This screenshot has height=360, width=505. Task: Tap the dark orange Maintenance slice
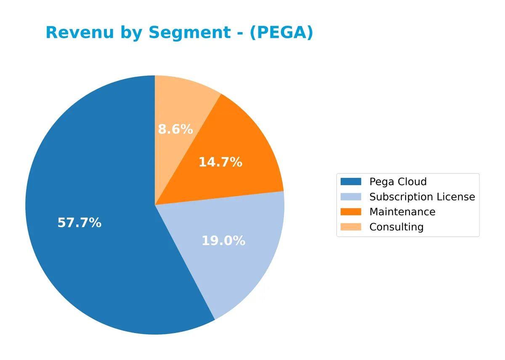point(244,143)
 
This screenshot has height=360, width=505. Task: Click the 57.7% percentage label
point(80,223)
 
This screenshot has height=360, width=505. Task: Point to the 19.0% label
point(223,241)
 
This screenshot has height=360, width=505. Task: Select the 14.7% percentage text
point(220,162)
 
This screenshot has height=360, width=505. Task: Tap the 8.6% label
point(175,129)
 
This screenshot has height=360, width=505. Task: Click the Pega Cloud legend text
point(398,182)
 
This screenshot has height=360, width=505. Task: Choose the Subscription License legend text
point(422,197)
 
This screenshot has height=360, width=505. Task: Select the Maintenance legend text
point(402,212)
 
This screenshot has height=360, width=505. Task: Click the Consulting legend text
point(396,227)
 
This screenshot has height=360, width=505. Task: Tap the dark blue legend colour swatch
point(351,182)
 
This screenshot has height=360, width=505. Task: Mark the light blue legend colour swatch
point(351,197)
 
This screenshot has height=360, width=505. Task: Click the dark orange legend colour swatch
point(351,212)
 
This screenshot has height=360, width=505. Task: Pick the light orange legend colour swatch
point(351,227)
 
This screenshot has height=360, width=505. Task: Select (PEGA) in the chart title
point(281,33)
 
